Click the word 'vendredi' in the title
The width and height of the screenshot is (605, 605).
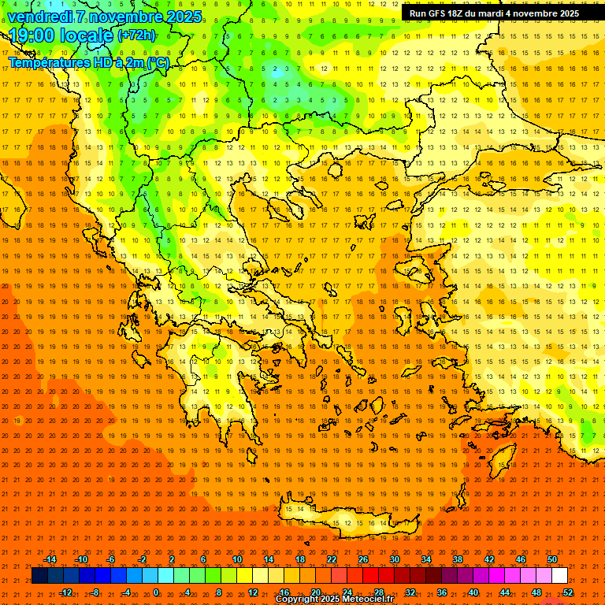click(x=39, y=17)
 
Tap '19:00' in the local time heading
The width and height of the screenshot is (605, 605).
click(x=31, y=35)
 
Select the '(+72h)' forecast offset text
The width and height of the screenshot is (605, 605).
click(x=137, y=35)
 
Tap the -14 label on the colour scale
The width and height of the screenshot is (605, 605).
click(x=50, y=559)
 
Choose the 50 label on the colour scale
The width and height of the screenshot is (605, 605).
click(x=552, y=559)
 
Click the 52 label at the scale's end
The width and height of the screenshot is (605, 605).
click(x=568, y=592)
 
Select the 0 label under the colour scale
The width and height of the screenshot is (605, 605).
click(x=156, y=592)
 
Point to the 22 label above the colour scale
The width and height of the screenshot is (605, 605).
click(x=332, y=559)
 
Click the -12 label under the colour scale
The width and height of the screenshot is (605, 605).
click(x=65, y=592)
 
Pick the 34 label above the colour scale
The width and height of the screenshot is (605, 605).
click(x=426, y=559)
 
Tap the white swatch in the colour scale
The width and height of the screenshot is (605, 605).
click(x=560, y=576)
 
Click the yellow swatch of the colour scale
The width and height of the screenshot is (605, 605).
click(x=276, y=576)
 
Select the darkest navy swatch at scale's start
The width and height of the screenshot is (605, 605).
click(x=39, y=576)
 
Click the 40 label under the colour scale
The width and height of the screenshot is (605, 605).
click(x=473, y=592)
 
